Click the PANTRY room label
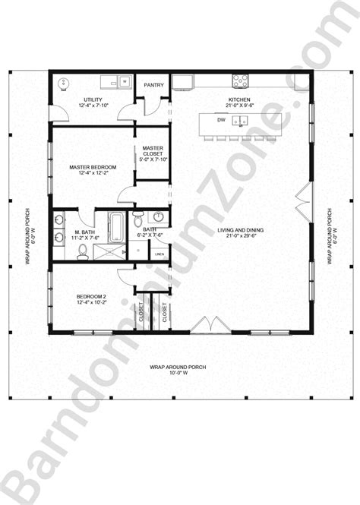coord(154,86)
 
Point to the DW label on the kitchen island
coord(221,120)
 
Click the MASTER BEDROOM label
coord(92,167)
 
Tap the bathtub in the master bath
coord(117,226)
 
